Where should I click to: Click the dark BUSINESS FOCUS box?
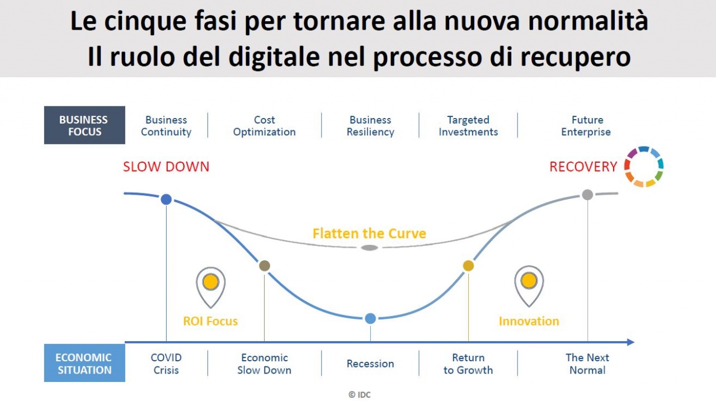click(x=84, y=125)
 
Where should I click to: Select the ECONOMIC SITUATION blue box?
click(x=84, y=363)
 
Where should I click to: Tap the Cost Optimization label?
click(x=265, y=126)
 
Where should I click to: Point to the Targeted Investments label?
click(x=468, y=126)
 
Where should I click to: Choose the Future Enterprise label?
click(x=586, y=126)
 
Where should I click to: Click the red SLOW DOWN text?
click(x=166, y=167)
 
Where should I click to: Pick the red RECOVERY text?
click(x=583, y=167)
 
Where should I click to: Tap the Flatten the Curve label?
click(x=369, y=234)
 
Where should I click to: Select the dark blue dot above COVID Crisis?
click(x=166, y=200)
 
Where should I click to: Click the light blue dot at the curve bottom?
click(x=370, y=319)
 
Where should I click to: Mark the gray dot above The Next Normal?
click(x=587, y=195)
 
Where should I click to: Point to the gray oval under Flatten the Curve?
click(x=370, y=248)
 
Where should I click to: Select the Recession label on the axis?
click(x=370, y=364)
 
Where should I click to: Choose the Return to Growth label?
click(x=468, y=364)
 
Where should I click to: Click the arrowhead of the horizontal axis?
click(x=630, y=342)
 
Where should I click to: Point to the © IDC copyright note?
click(x=360, y=395)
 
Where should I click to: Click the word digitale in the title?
click(x=274, y=57)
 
